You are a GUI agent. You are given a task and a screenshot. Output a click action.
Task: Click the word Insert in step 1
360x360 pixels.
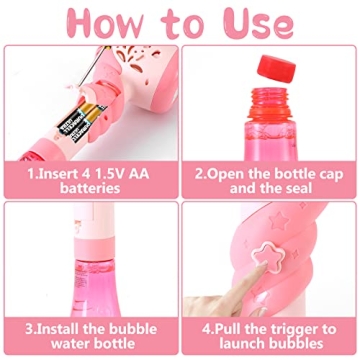point(63,171)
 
